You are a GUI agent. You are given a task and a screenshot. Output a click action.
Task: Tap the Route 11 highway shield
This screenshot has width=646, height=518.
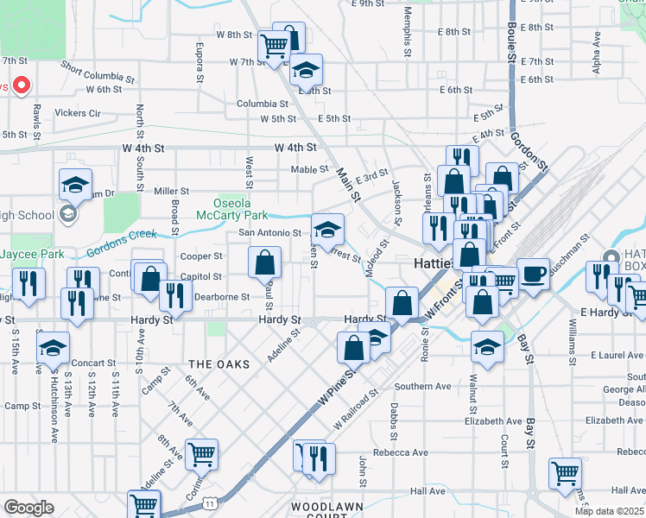click(x=209, y=502)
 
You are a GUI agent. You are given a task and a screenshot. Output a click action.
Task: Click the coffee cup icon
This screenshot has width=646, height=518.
click(x=534, y=273)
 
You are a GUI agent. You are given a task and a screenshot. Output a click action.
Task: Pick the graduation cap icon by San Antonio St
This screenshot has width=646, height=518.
click(x=327, y=230)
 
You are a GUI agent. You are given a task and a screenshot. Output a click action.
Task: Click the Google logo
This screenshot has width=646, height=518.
click(x=28, y=508)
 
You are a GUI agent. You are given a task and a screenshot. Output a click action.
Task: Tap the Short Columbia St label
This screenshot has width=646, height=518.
click(x=98, y=71)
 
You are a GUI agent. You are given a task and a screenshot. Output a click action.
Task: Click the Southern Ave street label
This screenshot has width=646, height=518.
click(x=424, y=386)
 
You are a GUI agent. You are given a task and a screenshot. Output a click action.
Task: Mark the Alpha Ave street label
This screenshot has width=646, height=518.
click(x=597, y=52)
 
